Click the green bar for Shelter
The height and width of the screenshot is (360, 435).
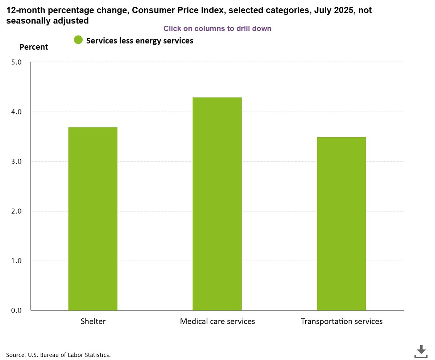click(x=93, y=219)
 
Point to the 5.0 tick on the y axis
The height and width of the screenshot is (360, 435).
click(x=17, y=62)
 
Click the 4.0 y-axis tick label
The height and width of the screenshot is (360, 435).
click(x=17, y=112)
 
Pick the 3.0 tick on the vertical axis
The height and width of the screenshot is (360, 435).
click(x=17, y=162)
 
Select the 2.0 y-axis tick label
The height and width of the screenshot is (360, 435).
click(x=17, y=211)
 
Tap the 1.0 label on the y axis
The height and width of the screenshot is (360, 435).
click(x=17, y=261)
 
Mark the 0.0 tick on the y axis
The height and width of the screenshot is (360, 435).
click(x=17, y=310)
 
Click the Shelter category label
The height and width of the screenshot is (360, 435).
click(x=93, y=321)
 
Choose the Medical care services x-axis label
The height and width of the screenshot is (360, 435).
click(x=217, y=321)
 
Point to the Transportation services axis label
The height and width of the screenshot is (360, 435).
click(x=341, y=321)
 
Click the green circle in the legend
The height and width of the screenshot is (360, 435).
click(x=78, y=40)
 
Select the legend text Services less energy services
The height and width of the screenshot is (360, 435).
click(x=140, y=41)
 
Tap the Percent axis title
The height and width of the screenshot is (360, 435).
click(x=34, y=47)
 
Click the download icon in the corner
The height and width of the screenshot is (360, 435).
click(x=420, y=351)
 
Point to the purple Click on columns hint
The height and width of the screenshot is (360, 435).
click(x=217, y=28)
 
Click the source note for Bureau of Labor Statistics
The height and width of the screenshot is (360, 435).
click(x=58, y=355)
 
